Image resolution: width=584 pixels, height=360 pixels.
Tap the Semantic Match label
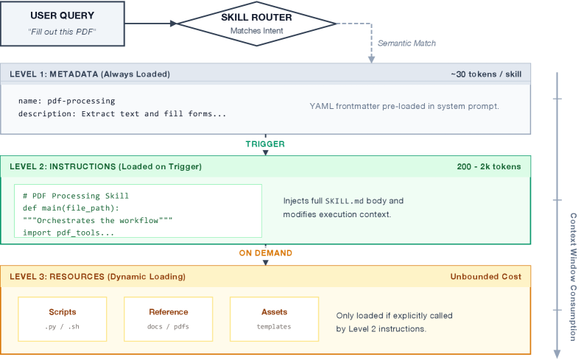[407, 43]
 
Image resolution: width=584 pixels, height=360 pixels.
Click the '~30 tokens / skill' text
[486, 74]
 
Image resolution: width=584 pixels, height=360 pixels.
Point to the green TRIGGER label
[265, 144]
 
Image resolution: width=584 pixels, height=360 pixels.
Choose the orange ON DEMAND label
[265, 253]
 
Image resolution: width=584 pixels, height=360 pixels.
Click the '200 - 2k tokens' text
[488, 166]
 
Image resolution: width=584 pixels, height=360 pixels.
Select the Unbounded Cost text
[485, 277]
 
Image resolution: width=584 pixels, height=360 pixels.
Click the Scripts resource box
[63, 318]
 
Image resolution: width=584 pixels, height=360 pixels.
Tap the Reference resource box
[168, 318]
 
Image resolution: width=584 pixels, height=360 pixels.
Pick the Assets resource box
[274, 318]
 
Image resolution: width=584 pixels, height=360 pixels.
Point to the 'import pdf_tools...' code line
[68, 233]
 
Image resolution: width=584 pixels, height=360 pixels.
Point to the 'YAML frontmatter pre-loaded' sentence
[404, 106]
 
